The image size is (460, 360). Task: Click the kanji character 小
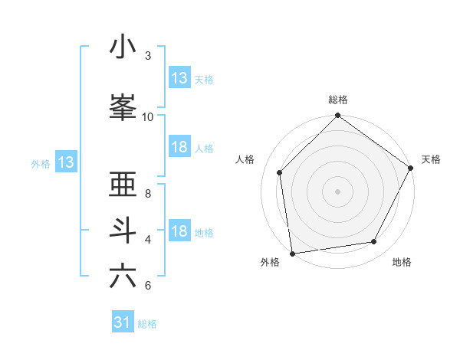[x=123, y=47]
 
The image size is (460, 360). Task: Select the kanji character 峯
[x=123, y=109]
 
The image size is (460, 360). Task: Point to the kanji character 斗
[x=123, y=231]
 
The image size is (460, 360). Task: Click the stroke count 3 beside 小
[x=147, y=56]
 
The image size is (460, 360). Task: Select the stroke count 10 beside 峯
[x=147, y=117]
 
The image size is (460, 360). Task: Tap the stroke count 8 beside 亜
[x=147, y=194]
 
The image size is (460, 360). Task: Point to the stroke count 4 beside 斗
[x=147, y=240]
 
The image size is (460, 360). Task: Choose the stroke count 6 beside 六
[x=147, y=286]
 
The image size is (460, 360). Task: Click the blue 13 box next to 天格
[x=179, y=78]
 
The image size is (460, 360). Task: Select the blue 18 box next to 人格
[x=179, y=147]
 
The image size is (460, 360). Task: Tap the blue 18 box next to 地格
[x=179, y=231]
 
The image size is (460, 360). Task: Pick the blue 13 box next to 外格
[x=65, y=162]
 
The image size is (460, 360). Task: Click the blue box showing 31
[x=122, y=322]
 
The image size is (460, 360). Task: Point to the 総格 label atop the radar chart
[x=338, y=100]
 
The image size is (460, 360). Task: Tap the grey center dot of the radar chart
[x=338, y=191]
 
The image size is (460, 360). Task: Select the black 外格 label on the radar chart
[x=270, y=262]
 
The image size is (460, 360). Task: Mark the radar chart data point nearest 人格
[x=280, y=172]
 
